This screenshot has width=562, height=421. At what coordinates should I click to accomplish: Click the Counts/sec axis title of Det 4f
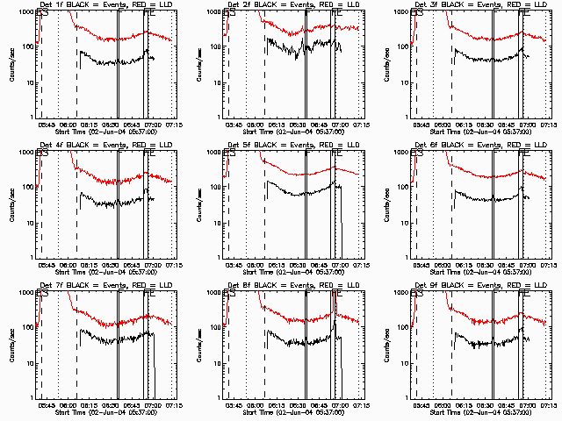(x=11, y=204)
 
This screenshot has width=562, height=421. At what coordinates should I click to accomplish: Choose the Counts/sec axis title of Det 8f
(x=199, y=345)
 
